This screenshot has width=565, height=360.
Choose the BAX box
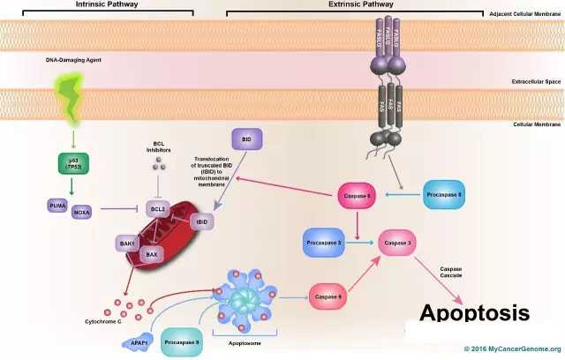coord(150,254)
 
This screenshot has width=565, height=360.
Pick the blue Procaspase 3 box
coord(328,242)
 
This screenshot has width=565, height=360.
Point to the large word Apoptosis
coord(474,313)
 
